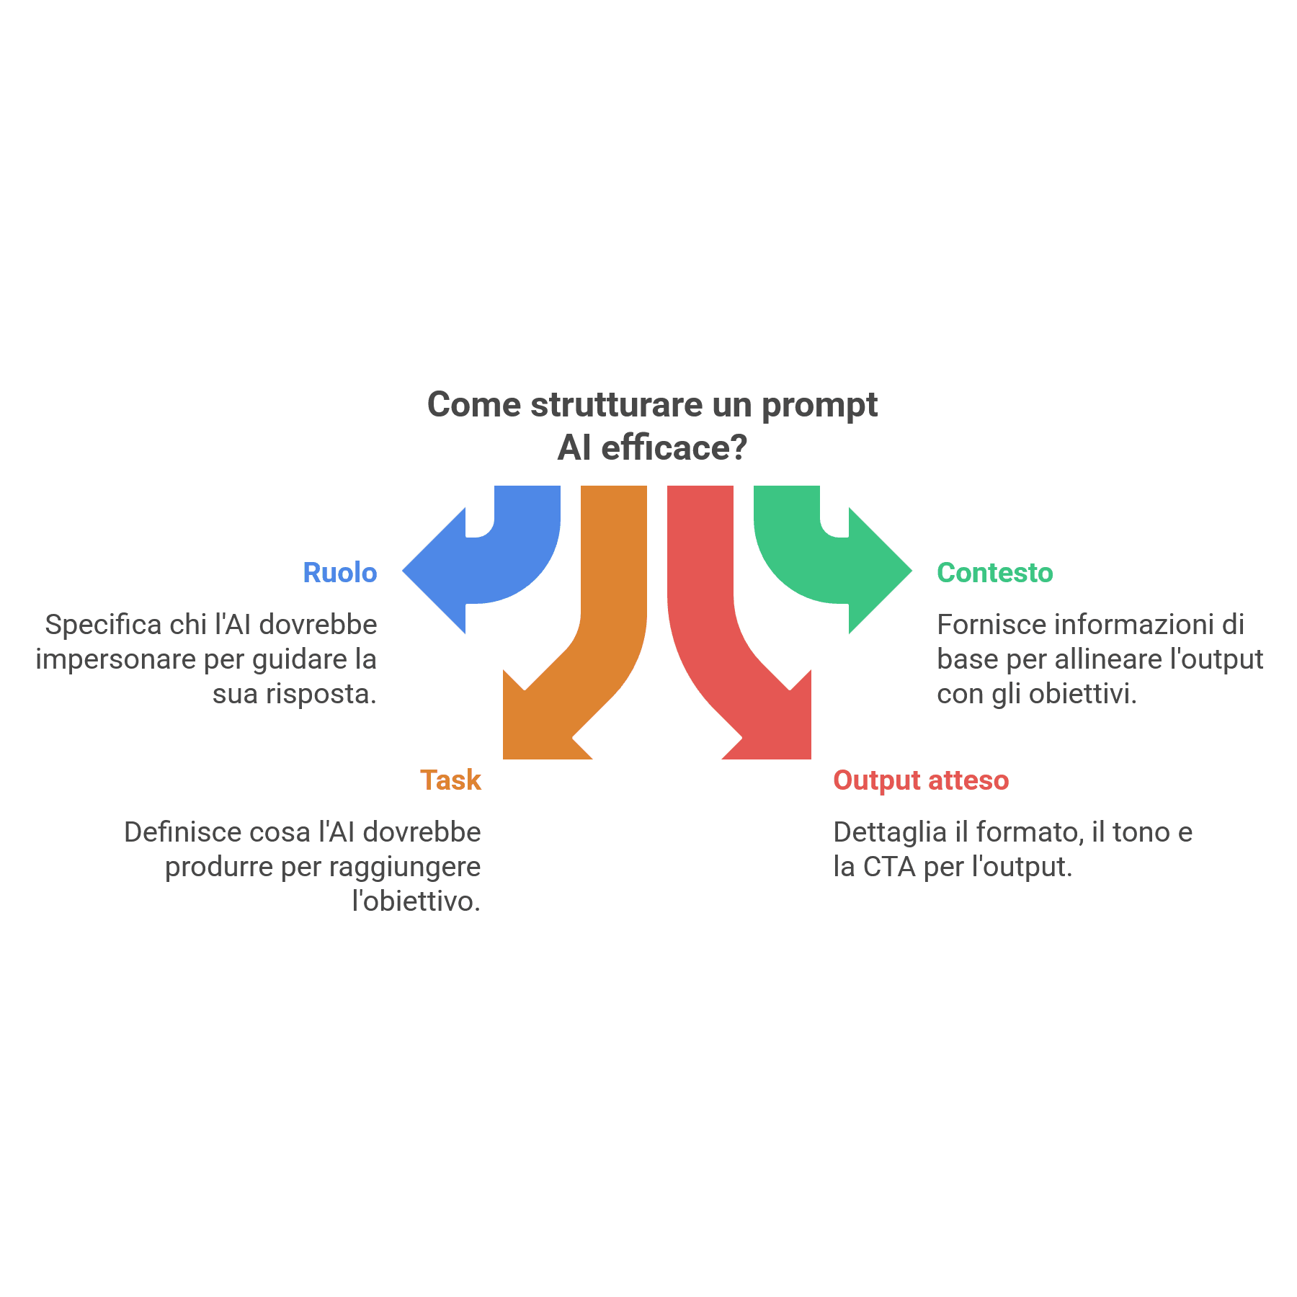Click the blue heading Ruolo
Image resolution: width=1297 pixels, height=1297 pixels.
tap(340, 573)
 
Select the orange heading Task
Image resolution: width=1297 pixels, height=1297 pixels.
tap(450, 780)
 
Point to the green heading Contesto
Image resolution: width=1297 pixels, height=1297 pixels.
tap(994, 573)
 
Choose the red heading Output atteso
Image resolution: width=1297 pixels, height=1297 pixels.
tap(921, 780)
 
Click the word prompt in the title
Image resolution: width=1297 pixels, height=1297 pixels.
tap(819, 406)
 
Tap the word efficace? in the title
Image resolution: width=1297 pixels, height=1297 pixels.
tap(674, 448)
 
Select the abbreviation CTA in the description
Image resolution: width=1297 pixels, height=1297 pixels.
tap(889, 867)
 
